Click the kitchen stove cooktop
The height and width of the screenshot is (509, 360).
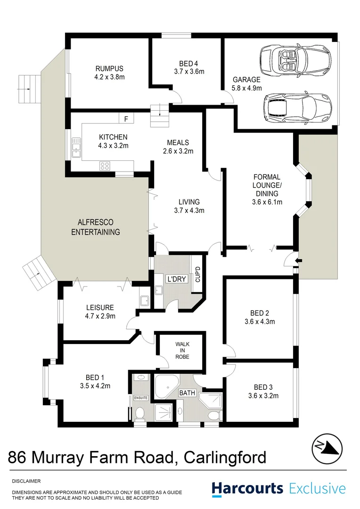pyautogui.click(x=105, y=165)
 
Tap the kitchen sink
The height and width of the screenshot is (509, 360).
pyautogui.click(x=75, y=150)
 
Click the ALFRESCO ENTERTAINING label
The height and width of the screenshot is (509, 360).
pyautogui.click(x=96, y=227)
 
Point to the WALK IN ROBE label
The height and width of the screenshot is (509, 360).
pyautogui.click(x=182, y=350)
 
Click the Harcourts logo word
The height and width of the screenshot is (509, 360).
pyautogui.click(x=247, y=488)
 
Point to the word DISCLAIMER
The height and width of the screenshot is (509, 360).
pyautogui.click(x=26, y=481)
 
